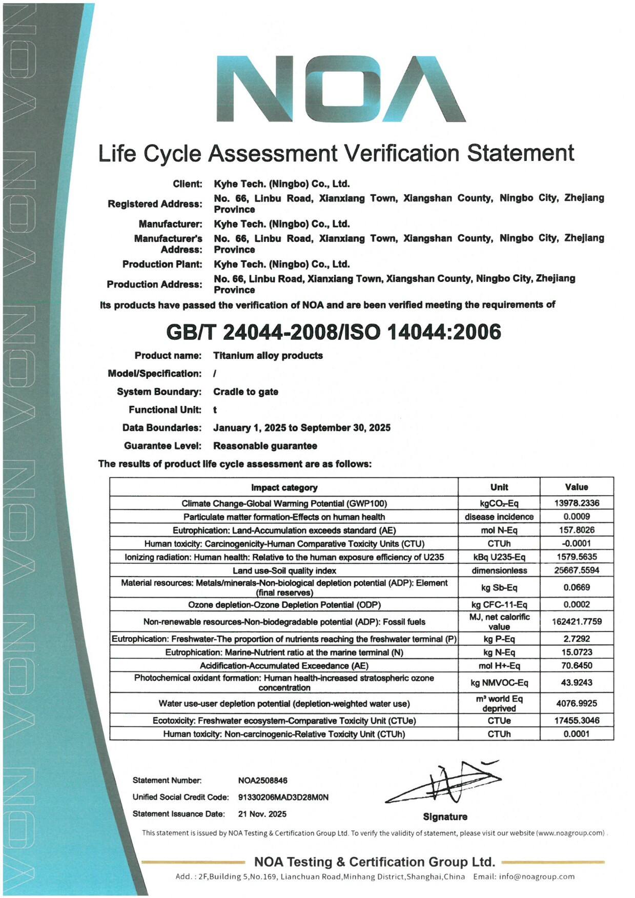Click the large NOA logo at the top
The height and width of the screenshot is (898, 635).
[x=340, y=88]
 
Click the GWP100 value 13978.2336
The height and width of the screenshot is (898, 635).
[x=577, y=503]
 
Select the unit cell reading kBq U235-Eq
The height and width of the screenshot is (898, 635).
[x=499, y=557]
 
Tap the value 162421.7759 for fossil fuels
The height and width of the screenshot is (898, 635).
[x=577, y=621]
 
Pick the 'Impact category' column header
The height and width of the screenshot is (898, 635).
[x=284, y=487]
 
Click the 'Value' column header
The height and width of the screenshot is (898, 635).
[x=577, y=487]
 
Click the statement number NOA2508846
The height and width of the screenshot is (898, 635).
[x=262, y=780]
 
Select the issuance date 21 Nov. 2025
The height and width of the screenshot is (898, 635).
[x=262, y=813]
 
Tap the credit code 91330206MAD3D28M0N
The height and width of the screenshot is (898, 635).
[x=283, y=797]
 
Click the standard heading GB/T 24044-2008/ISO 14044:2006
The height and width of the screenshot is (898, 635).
[x=334, y=332]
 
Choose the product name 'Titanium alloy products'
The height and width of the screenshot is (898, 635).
[x=268, y=355]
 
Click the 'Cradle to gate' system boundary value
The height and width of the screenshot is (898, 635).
[x=245, y=392]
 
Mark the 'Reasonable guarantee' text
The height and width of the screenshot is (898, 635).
[x=265, y=445]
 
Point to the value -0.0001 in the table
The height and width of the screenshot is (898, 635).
[x=577, y=543]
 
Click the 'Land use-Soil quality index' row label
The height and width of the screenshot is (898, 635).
[x=284, y=570]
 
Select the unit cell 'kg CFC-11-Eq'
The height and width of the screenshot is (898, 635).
[x=499, y=604]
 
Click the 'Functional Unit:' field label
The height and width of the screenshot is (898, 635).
[x=165, y=410]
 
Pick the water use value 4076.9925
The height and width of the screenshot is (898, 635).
[x=577, y=703]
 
